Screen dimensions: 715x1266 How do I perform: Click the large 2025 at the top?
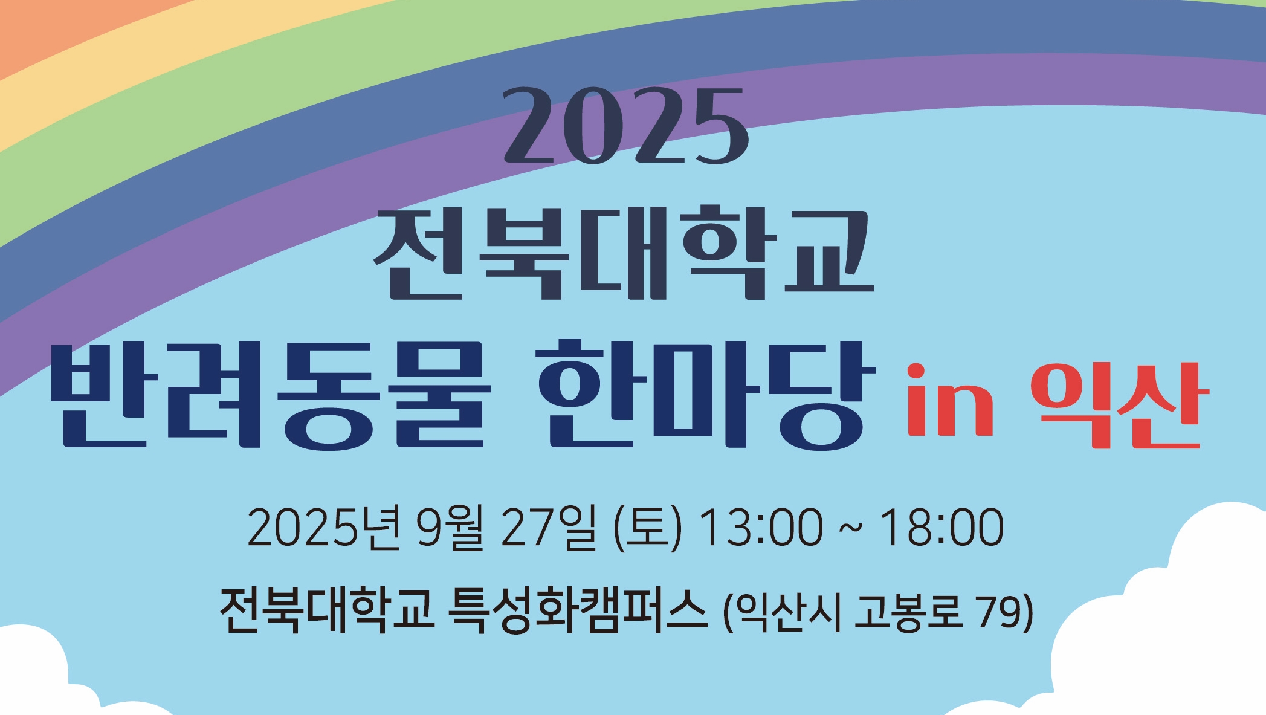[x=625, y=126]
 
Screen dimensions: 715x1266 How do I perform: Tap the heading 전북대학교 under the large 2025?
[x=624, y=253]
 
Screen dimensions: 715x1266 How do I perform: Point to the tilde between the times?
[x=851, y=527]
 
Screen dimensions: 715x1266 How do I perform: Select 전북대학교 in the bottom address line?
[x=327, y=610]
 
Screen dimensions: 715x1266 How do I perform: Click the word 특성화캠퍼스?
[x=577, y=610]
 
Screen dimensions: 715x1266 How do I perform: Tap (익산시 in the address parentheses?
[x=782, y=612]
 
